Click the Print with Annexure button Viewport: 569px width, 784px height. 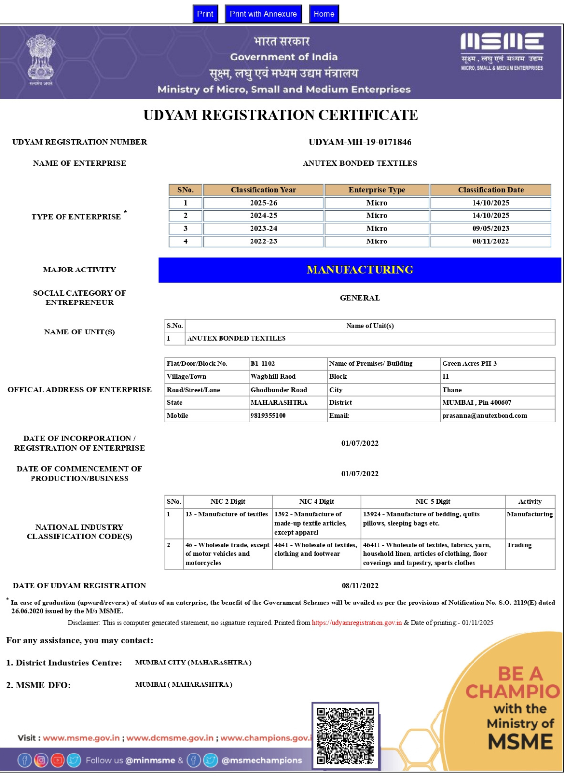tap(263, 14)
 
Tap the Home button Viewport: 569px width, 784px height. tap(323, 14)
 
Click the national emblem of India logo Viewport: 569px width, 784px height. tap(40, 59)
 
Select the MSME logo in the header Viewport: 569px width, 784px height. tap(502, 52)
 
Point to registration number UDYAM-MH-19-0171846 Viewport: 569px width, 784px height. tap(360, 142)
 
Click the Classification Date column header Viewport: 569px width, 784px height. tap(491, 190)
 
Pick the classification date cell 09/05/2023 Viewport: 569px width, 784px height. tap(491, 228)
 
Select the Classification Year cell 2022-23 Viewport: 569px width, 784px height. tap(263, 241)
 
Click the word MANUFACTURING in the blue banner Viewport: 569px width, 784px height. tap(360, 270)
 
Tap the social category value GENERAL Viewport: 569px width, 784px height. tap(360, 298)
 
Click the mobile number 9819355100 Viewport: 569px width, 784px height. tap(268, 416)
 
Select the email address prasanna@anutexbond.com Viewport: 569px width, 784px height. tap(484, 416)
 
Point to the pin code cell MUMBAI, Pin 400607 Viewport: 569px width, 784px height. tap(476, 402)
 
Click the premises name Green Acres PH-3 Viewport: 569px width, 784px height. tap(469, 363)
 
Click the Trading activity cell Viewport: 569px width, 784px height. tap(519, 545)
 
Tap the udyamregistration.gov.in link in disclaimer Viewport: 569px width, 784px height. tap(356, 623)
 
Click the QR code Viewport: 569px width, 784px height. tap(345, 736)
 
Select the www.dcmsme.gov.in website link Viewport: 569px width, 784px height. tap(170, 738)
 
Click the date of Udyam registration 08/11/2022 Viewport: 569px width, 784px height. tap(360, 586)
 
